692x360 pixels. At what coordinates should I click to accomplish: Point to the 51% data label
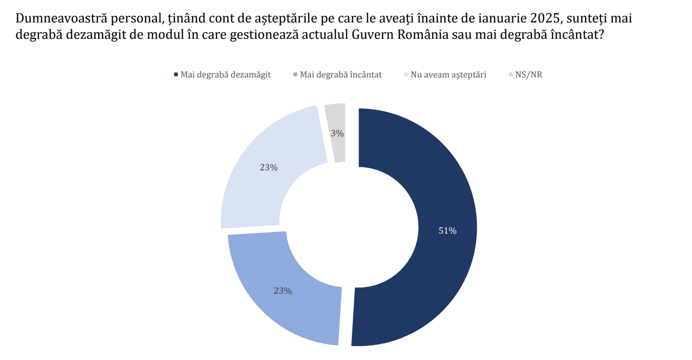coord(447,231)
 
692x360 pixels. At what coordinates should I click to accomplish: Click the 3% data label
coord(337,134)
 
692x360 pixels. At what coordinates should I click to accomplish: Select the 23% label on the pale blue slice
coord(269,167)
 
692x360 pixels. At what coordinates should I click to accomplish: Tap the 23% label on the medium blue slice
coord(283,291)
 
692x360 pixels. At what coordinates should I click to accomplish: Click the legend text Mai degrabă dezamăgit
coord(225,75)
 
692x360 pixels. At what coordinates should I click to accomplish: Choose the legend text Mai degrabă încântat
coord(341,75)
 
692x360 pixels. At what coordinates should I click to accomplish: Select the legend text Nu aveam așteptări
coord(448,75)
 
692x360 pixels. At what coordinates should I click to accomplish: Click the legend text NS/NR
coord(529,75)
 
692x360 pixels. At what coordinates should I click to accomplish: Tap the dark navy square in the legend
coord(176,75)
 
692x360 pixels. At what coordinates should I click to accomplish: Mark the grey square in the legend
coord(511,75)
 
